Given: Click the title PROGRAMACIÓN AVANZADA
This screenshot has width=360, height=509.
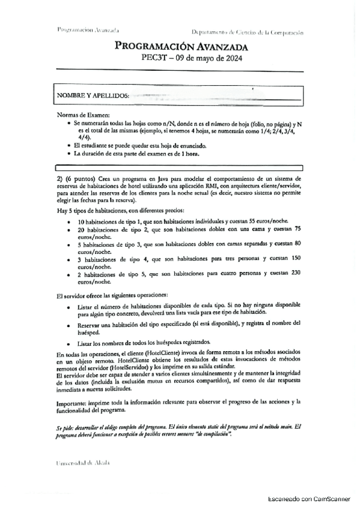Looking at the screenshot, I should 180,47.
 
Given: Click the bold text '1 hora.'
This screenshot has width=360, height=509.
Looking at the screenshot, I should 189,154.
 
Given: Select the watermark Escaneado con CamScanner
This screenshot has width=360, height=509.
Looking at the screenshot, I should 308,498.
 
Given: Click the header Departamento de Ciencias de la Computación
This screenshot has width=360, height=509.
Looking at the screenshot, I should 246,31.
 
